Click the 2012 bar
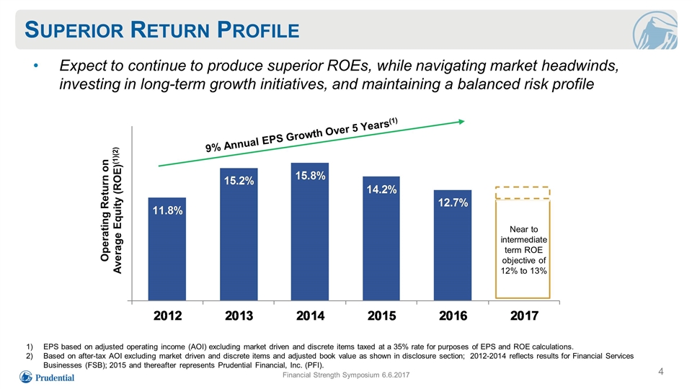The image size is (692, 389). [x=167, y=249]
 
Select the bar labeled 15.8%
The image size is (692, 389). [x=310, y=232]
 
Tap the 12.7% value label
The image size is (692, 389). [x=453, y=202]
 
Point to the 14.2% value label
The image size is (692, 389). [x=381, y=189]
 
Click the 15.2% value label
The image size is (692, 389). [x=239, y=180]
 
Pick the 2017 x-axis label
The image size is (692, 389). [x=524, y=316]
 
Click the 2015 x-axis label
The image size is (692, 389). [x=382, y=316]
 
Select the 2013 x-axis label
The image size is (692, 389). [x=239, y=316]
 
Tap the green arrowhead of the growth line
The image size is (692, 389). [x=461, y=121]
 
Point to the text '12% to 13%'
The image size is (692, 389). [x=524, y=271]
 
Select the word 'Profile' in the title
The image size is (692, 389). [x=258, y=30]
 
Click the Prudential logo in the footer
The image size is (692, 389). [x=47, y=377]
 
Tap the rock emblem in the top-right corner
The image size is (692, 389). [x=655, y=30]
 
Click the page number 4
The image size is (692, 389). [x=661, y=372]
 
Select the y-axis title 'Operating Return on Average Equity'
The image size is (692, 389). [x=110, y=210]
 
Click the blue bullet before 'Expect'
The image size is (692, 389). [x=36, y=66]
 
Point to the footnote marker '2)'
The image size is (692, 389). [x=30, y=356]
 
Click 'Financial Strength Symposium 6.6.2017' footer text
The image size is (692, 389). [x=346, y=375]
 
